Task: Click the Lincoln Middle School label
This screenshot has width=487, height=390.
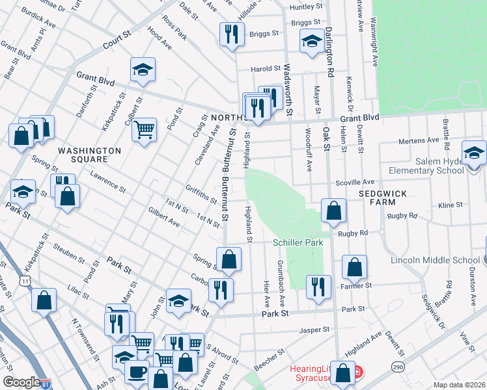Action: point(435,261)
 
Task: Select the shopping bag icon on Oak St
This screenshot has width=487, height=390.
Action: point(333,211)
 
